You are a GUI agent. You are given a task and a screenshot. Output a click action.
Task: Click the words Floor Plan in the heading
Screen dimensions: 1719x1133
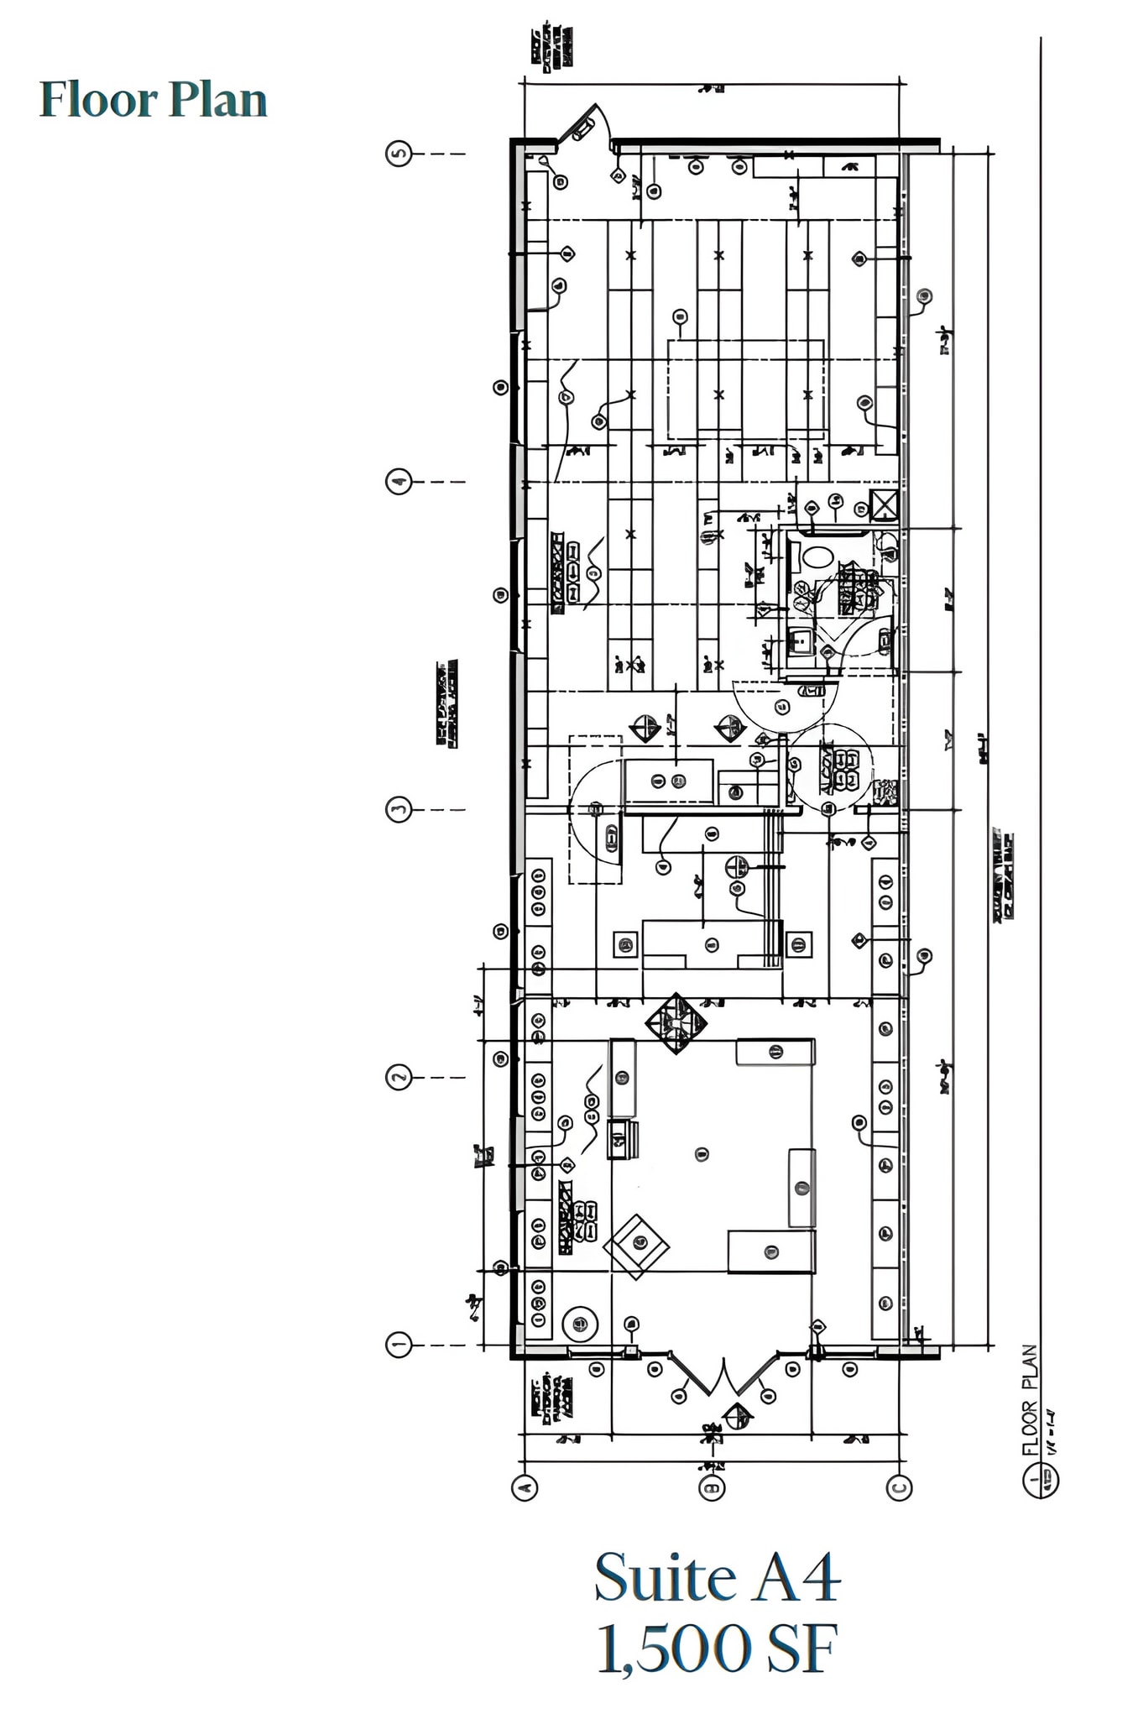coord(153,100)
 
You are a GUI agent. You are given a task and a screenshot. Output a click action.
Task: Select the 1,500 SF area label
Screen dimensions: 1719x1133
coord(717,1649)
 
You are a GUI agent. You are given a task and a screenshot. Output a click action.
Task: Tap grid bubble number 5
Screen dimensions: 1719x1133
coord(399,154)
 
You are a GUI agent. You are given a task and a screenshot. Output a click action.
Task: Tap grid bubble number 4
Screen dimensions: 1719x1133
coord(399,482)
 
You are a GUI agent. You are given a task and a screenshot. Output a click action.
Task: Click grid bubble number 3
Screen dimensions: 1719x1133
coord(399,810)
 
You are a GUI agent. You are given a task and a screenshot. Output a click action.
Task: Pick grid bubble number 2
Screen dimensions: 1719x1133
coord(399,1077)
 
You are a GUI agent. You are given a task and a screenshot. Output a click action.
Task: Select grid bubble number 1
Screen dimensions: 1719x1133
coord(399,1345)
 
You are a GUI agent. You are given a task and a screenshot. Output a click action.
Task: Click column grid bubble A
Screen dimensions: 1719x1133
coord(524,1487)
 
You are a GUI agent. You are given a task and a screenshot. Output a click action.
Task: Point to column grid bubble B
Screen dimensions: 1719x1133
coord(712,1487)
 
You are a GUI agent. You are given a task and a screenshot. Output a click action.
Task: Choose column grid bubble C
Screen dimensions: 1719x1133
coord(899,1487)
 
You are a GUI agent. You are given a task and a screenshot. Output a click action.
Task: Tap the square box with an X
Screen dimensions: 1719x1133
coord(885,506)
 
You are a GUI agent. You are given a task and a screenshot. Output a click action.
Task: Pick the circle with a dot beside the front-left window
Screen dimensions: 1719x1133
coord(580,1324)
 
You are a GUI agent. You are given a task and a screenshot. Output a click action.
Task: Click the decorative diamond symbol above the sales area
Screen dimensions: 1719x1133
coord(676,1022)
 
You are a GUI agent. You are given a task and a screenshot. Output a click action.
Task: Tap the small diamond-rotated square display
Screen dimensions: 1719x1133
coord(637,1246)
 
